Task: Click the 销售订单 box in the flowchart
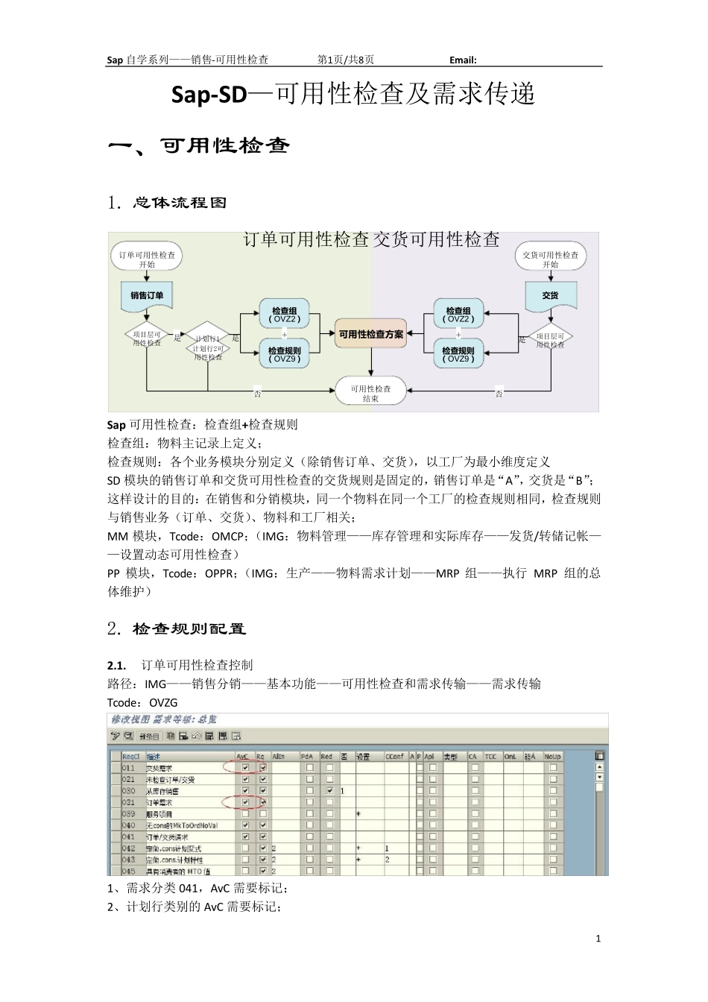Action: (x=147, y=295)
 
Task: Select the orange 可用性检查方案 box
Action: (x=370, y=334)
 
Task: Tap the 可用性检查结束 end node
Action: (x=370, y=394)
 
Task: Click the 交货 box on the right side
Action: (x=550, y=295)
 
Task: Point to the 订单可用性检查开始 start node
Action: (x=147, y=259)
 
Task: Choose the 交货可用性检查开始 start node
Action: (x=550, y=259)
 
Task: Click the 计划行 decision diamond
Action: (x=207, y=342)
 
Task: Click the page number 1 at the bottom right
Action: (x=598, y=939)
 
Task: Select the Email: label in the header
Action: (x=463, y=60)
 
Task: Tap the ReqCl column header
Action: (x=130, y=756)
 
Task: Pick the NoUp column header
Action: (x=552, y=756)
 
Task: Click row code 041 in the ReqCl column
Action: (x=129, y=837)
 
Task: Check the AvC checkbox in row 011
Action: (x=245, y=767)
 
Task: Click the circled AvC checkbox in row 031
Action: (x=245, y=802)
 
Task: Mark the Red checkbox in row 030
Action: (x=329, y=790)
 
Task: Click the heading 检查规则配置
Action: (x=189, y=629)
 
